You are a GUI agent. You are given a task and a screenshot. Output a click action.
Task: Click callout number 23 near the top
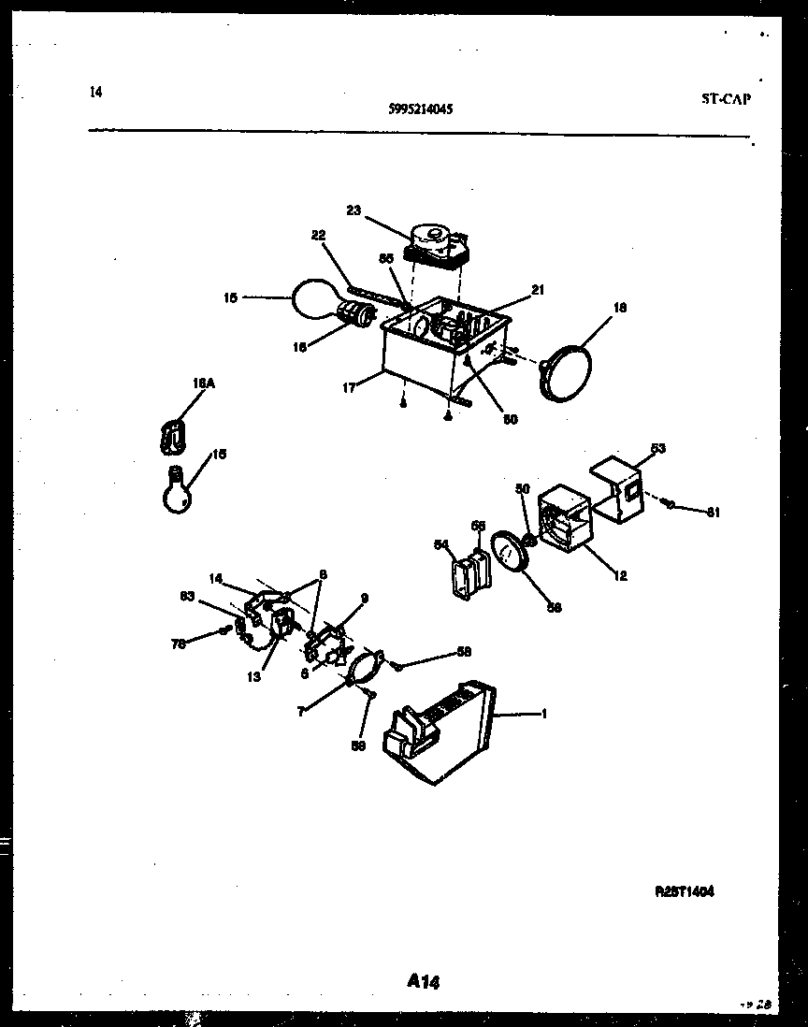(x=353, y=210)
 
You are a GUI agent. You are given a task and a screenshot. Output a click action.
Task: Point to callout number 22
(x=318, y=236)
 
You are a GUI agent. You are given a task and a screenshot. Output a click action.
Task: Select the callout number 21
(x=537, y=290)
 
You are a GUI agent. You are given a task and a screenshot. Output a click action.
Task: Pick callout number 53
(x=658, y=450)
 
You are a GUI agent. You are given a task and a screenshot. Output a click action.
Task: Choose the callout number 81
(x=714, y=512)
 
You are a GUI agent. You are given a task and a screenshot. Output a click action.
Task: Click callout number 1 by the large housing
(x=543, y=715)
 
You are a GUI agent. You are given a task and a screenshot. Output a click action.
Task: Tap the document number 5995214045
(x=421, y=108)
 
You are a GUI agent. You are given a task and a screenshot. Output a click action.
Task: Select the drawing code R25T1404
(x=685, y=892)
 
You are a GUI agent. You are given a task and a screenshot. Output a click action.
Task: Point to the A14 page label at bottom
(x=424, y=981)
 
